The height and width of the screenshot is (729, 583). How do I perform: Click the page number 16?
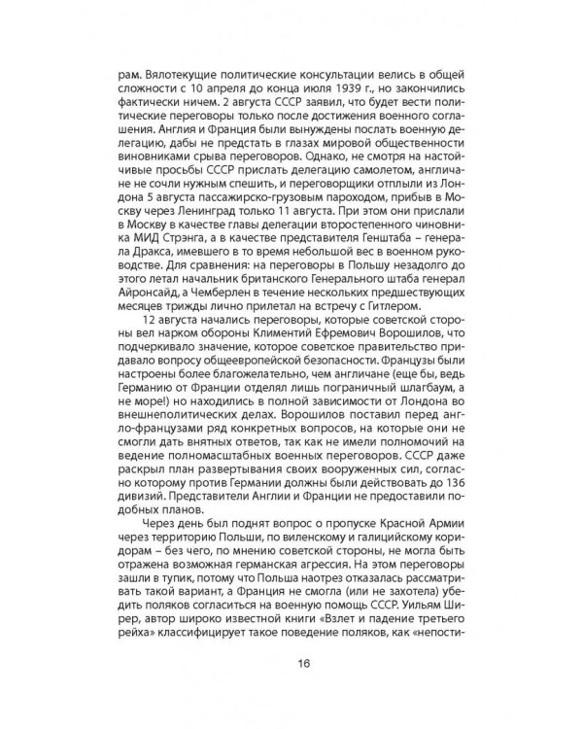click(291, 664)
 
